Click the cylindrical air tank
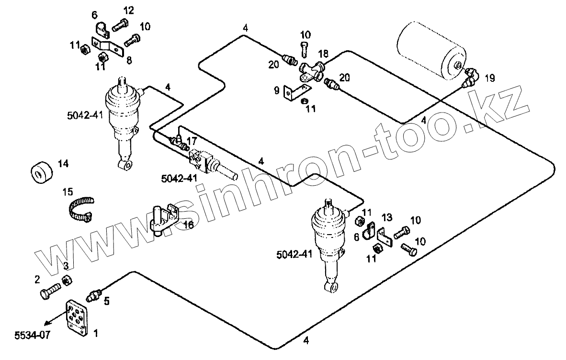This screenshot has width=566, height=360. (x=430, y=48)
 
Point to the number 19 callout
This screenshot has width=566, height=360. (x=489, y=77)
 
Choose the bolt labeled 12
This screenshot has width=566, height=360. (x=119, y=24)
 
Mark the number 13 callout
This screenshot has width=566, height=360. (x=387, y=218)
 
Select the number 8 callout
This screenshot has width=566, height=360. (x=129, y=60)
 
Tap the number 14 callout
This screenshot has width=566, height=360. (x=63, y=164)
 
